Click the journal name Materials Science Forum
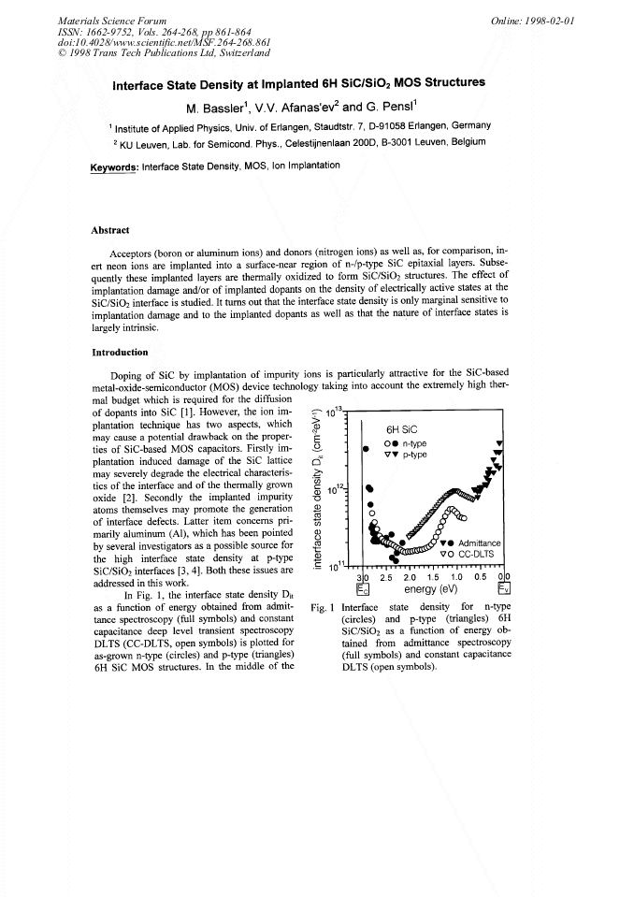tap(100, 20)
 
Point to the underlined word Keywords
tap(114, 166)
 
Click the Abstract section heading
tap(110, 230)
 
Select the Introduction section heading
tap(121, 353)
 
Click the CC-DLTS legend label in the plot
tap(479, 554)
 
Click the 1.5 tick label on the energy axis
tap(434, 577)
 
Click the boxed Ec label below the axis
tap(364, 590)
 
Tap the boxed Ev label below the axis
tap(504, 590)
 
